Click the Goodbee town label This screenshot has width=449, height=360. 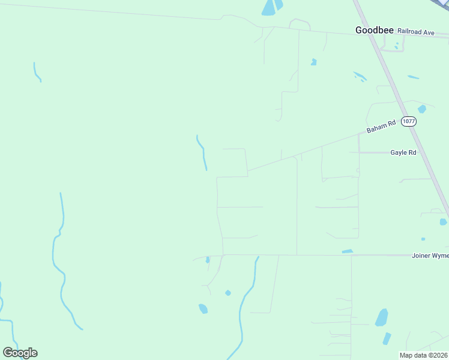click(375, 29)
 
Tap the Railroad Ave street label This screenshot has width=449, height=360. click(415, 32)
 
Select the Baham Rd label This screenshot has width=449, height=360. click(382, 127)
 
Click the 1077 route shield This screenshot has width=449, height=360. click(409, 121)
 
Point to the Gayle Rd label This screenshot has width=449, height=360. click(403, 152)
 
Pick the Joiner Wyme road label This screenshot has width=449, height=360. click(430, 256)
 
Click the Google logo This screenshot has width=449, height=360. click(20, 353)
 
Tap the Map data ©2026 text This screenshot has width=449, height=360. click(423, 355)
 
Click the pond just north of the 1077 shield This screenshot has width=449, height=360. click(422, 109)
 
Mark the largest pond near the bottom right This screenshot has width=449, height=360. click(381, 317)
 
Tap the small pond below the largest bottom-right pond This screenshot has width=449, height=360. click(387, 338)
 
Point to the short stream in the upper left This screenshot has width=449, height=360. click(37, 72)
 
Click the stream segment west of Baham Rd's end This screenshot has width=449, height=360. click(202, 154)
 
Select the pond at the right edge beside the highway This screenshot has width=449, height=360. click(443, 221)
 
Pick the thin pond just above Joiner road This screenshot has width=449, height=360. click(348, 251)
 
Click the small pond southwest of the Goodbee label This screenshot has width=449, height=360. click(313, 62)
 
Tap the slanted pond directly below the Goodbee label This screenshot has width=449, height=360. click(360, 76)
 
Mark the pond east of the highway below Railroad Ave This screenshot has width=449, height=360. click(413, 77)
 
